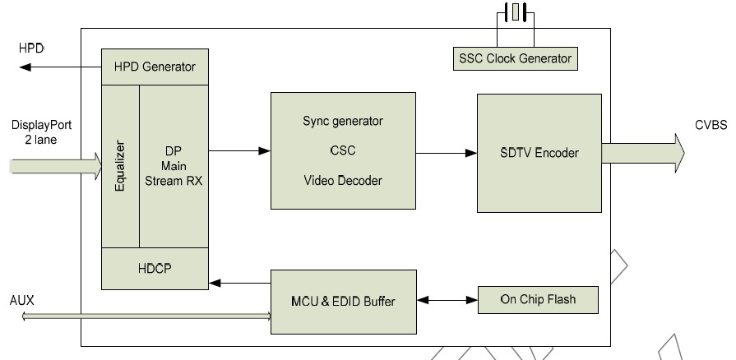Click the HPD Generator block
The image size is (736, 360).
(155, 66)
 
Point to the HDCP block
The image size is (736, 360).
(155, 269)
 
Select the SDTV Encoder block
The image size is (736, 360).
(539, 153)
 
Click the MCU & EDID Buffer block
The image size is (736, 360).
(344, 301)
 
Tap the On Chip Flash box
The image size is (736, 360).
(538, 299)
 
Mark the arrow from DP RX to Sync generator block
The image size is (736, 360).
(239, 151)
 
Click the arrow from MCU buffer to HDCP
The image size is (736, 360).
(239, 284)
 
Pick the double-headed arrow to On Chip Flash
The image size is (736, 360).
(447, 300)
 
